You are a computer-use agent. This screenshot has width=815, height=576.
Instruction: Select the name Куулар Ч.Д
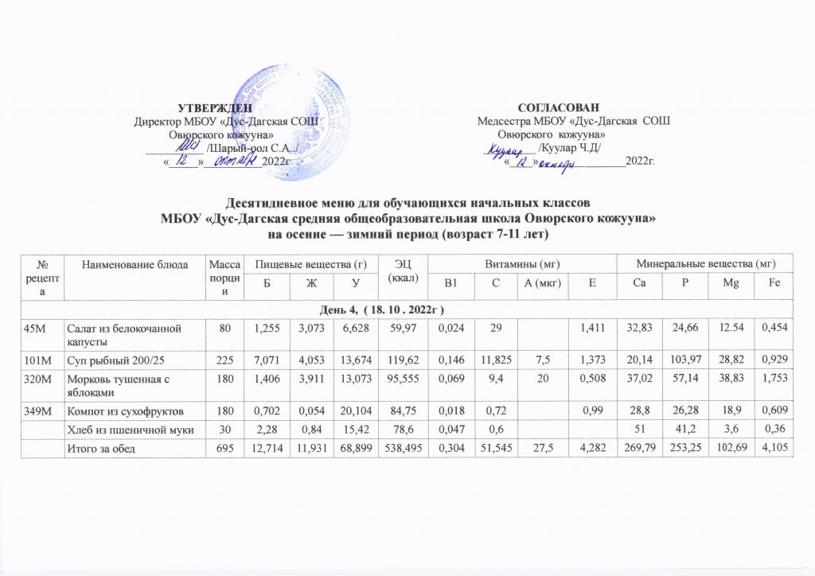[x=570, y=147]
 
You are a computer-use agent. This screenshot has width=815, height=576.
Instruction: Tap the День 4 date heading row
[x=407, y=306]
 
